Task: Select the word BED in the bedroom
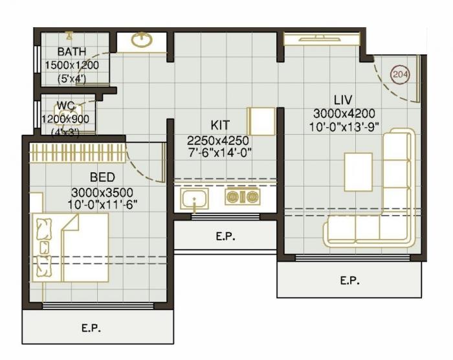[102, 177]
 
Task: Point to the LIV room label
[342, 100]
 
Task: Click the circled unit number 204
[401, 74]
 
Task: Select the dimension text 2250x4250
[218, 140]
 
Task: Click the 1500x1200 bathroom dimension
[71, 65]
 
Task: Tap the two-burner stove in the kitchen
[241, 197]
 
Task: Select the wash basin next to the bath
[142, 41]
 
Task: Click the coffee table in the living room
[358, 172]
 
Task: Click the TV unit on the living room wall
[320, 39]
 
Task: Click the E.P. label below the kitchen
[225, 237]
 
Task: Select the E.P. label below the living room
[350, 280]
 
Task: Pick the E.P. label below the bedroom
[92, 328]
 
